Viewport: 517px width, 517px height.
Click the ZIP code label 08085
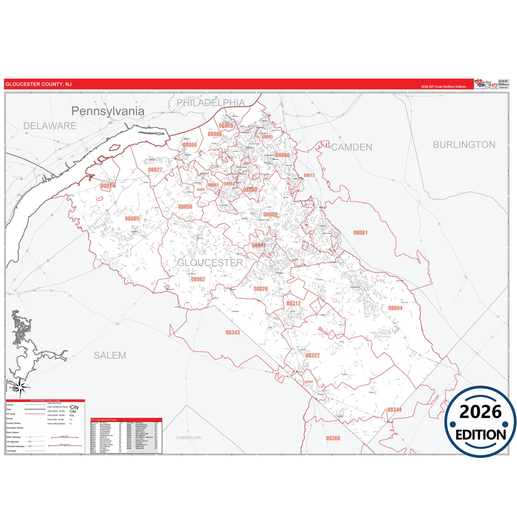pyautogui.click(x=132, y=219)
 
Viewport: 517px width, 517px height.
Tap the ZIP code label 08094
pyautogui.click(x=395, y=308)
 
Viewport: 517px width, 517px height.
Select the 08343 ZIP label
pyautogui.click(x=233, y=333)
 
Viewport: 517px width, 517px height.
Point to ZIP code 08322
pyautogui.click(x=312, y=355)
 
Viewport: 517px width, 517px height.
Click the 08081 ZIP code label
pyautogui.click(x=360, y=233)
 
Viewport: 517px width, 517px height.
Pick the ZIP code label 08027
pyautogui.click(x=155, y=170)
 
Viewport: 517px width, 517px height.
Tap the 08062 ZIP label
pyautogui.click(x=198, y=279)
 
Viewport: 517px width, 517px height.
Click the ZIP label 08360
pyautogui.click(x=333, y=438)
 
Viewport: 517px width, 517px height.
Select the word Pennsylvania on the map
pyautogui.click(x=108, y=111)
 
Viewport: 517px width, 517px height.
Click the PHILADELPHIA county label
pyautogui.click(x=211, y=103)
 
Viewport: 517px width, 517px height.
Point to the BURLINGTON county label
pyautogui.click(x=464, y=145)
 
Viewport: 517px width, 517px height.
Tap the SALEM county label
pyautogui.click(x=110, y=355)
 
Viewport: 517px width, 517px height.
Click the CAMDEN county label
pyautogui.click(x=351, y=147)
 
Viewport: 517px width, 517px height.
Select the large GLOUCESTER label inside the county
pyautogui.click(x=210, y=263)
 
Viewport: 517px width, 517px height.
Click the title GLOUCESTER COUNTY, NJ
pyautogui.click(x=39, y=84)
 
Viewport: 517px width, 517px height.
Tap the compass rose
pyautogui.click(x=20, y=387)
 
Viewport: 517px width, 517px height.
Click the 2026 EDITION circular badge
pyautogui.click(x=481, y=422)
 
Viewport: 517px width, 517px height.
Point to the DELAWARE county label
pyautogui.click(x=50, y=126)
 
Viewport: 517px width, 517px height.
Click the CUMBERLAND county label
pyautogui.click(x=189, y=438)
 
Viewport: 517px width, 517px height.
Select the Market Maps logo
pyautogui.click(x=486, y=84)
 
